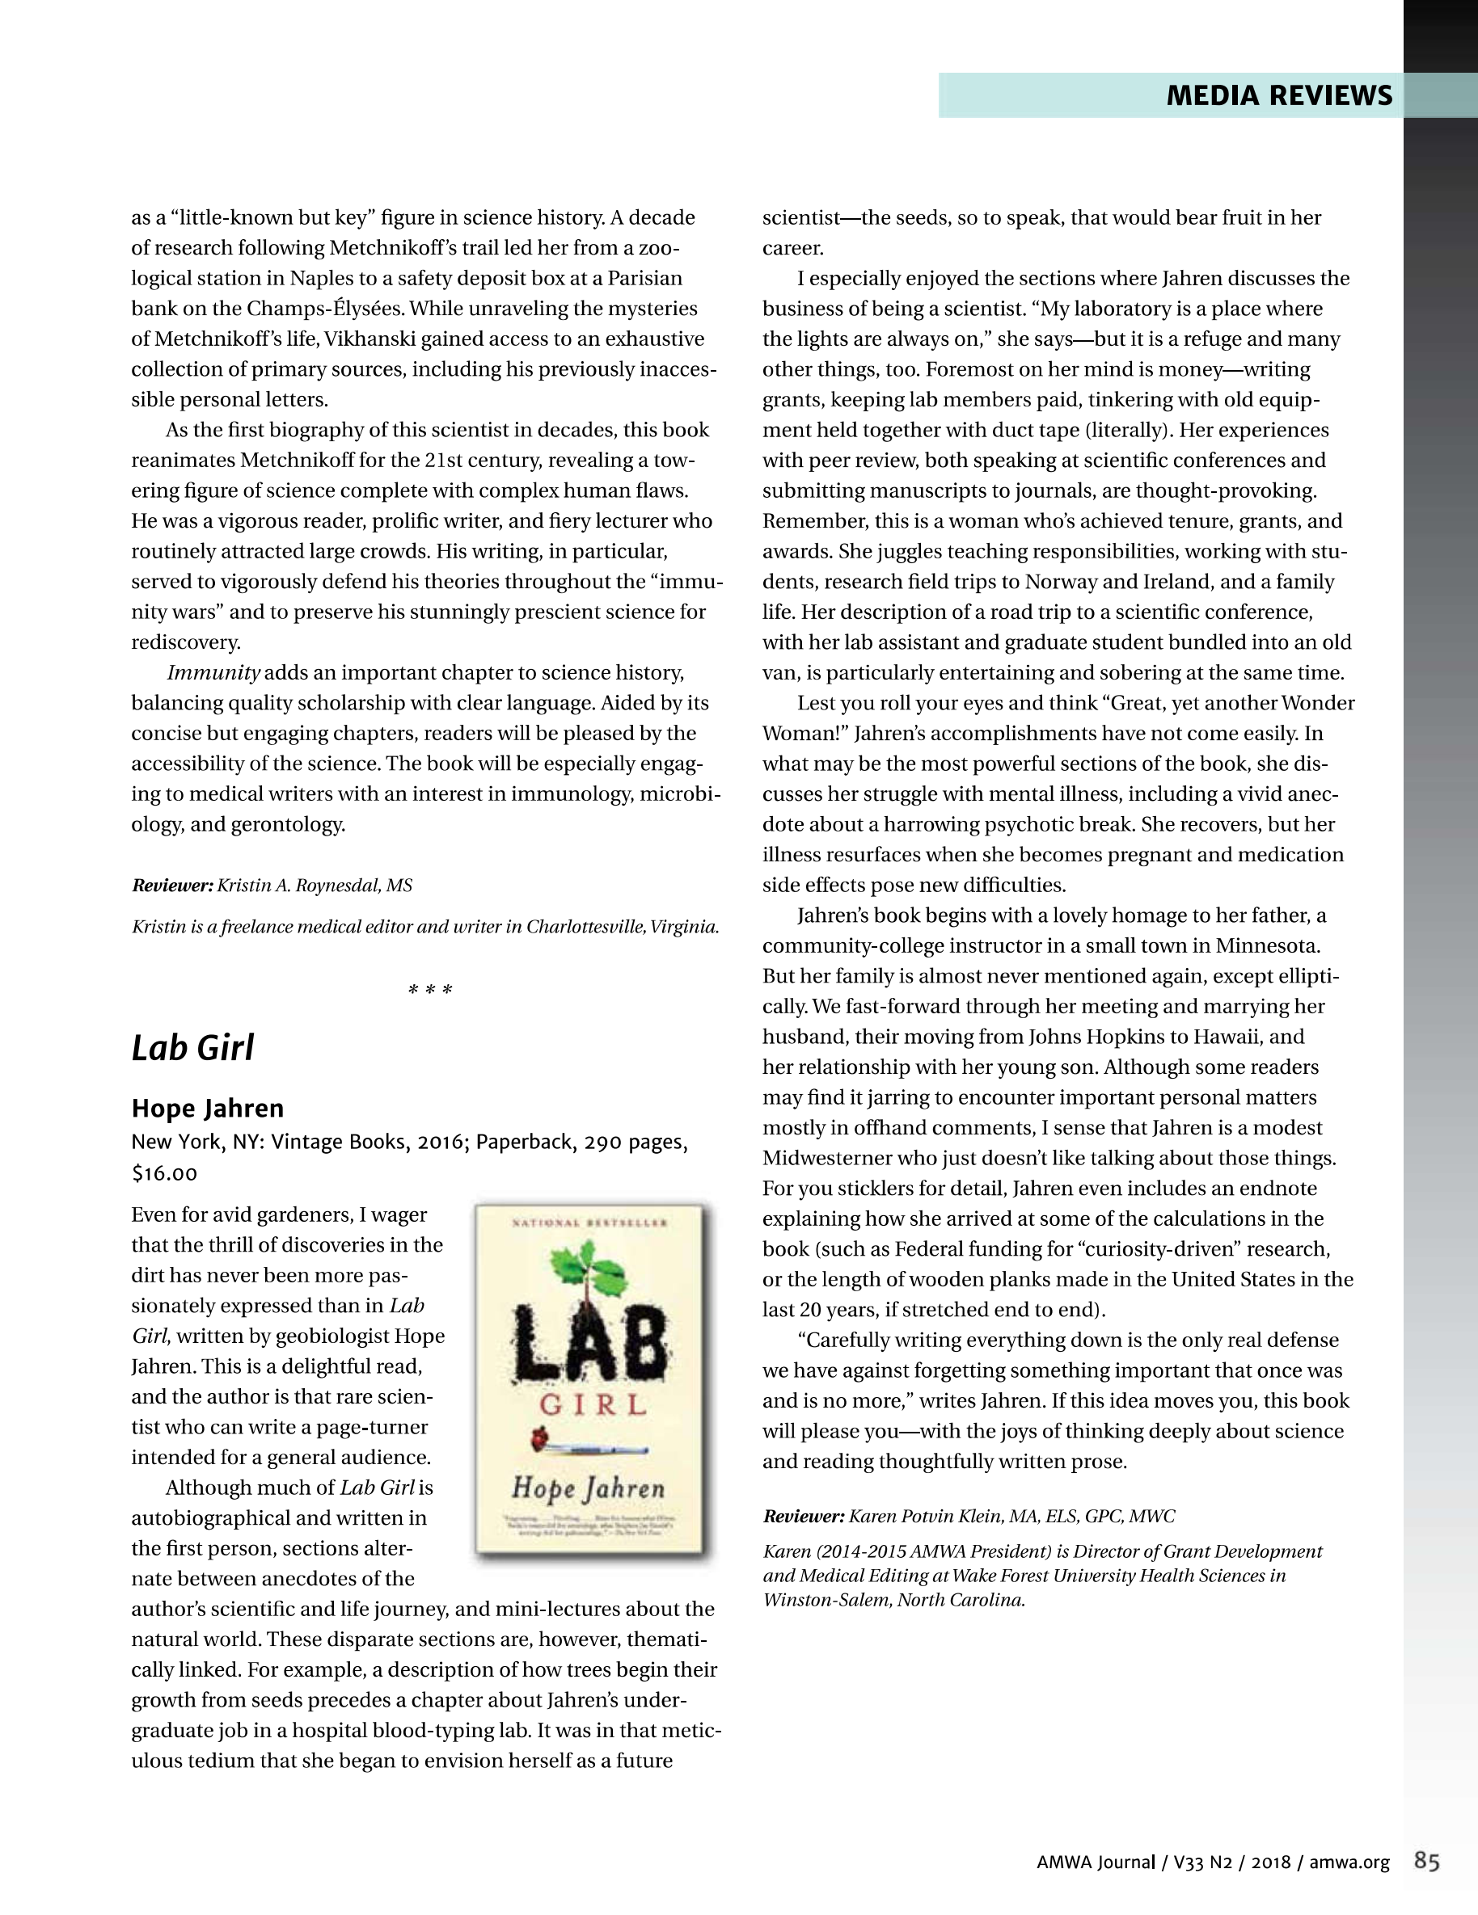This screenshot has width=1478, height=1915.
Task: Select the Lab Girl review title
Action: pos(193,1048)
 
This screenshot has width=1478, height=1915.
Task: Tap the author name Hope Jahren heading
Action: pos(208,1109)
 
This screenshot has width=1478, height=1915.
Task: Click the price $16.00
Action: pos(164,1173)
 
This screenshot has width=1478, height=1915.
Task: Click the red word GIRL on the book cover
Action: pos(593,1406)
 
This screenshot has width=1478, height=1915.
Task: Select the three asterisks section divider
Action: pos(430,991)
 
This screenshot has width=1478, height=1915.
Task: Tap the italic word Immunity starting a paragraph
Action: pos(214,672)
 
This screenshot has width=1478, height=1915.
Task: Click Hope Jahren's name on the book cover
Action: pos(589,1488)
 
